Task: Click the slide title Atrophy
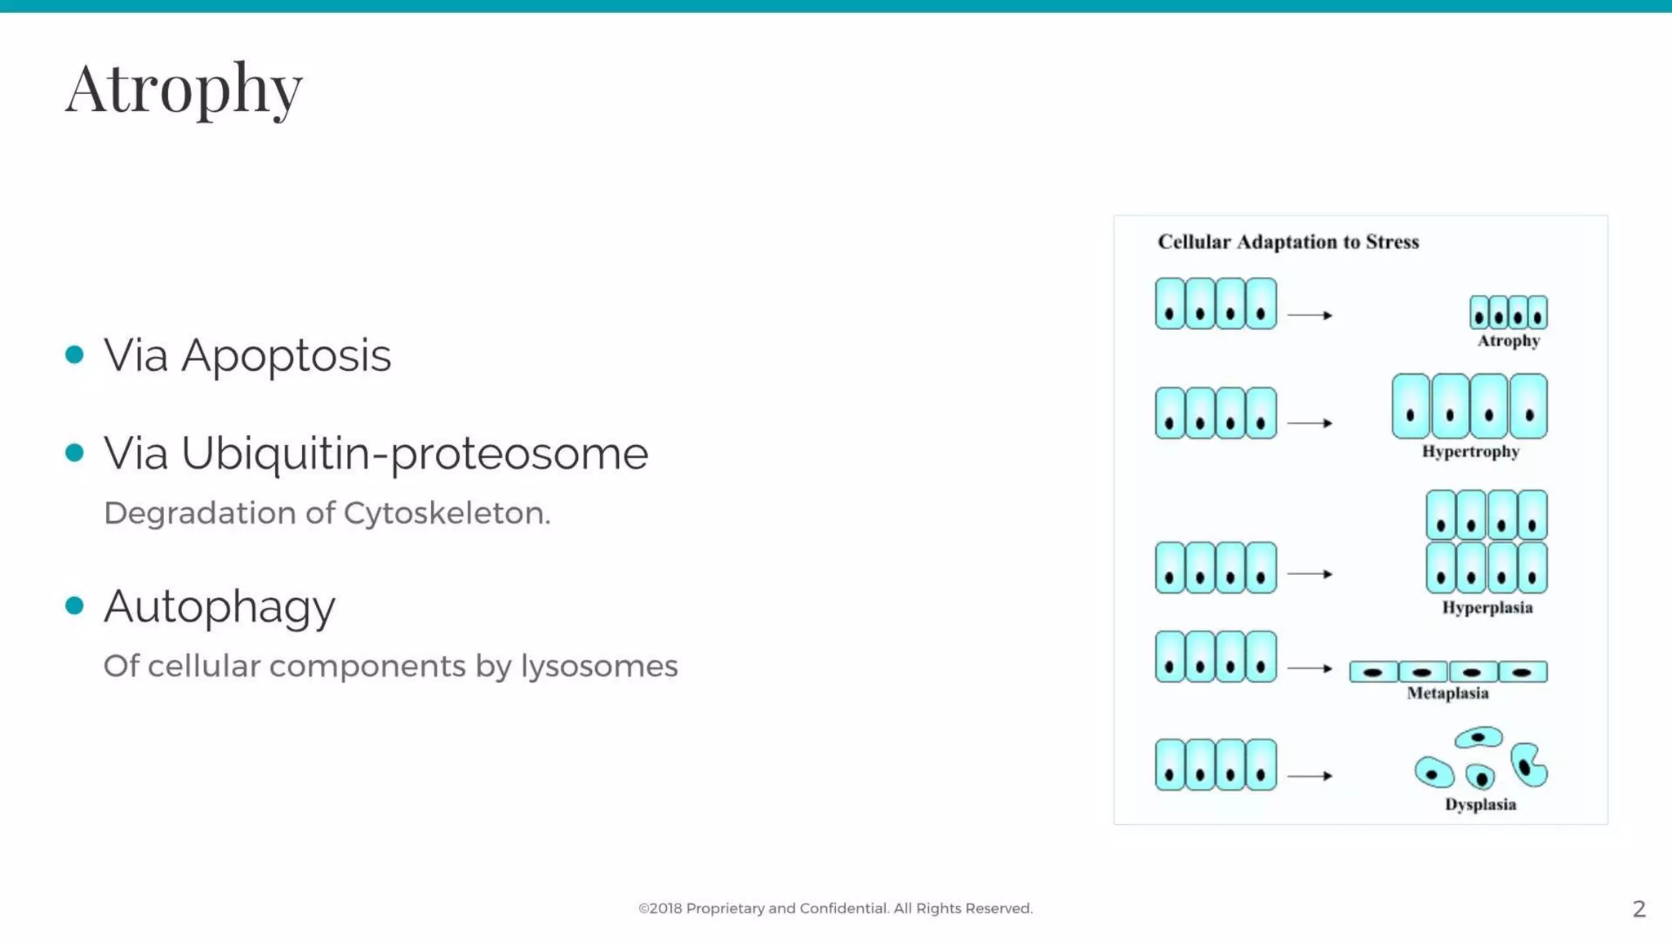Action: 184,88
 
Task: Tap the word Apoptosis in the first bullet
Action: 286,356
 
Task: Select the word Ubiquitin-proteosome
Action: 415,454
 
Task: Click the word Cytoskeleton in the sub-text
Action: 447,513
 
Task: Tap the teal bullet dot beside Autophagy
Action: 74,605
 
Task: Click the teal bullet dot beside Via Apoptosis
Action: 74,355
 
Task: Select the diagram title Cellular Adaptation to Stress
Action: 1288,242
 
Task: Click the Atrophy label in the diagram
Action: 1508,341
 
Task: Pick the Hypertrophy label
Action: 1470,452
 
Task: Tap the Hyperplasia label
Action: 1487,608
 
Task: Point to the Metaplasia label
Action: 1447,693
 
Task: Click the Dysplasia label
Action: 1480,805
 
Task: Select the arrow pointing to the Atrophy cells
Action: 1310,315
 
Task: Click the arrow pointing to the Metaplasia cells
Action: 1310,668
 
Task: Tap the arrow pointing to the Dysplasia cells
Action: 1310,776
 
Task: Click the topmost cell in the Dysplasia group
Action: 1479,738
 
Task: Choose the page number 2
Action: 1639,909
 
